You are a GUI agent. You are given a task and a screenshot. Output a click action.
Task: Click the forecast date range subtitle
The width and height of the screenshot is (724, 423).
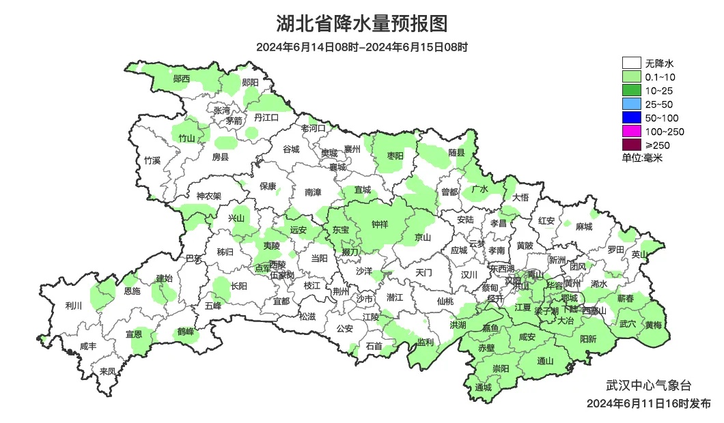[x=362, y=47]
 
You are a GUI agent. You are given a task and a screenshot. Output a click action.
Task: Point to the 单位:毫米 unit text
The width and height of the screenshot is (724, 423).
[x=642, y=158]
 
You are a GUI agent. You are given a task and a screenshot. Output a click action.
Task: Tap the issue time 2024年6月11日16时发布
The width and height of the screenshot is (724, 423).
[x=648, y=403]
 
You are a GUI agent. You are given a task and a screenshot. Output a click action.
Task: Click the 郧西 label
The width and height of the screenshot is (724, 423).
[x=181, y=79]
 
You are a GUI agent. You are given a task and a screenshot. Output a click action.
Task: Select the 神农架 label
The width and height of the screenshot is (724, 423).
[x=209, y=196]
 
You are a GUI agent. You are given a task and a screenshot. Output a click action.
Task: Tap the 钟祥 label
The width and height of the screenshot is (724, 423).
[x=380, y=224]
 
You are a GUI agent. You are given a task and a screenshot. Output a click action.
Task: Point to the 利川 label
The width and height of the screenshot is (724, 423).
[x=72, y=306]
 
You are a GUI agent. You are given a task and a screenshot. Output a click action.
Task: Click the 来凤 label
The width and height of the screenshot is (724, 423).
[x=107, y=371]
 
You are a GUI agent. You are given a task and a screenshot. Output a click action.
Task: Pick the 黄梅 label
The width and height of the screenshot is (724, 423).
[x=653, y=325]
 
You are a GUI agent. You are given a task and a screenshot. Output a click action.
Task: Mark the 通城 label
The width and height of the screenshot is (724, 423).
[x=483, y=388]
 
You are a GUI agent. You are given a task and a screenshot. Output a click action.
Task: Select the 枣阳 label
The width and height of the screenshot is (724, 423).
[x=395, y=156]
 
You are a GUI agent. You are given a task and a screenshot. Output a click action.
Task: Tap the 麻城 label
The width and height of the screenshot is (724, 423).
[x=583, y=227]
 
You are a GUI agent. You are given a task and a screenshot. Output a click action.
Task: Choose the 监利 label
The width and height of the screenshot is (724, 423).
[x=425, y=342]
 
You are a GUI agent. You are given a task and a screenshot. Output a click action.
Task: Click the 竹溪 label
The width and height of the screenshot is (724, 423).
[x=152, y=161]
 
